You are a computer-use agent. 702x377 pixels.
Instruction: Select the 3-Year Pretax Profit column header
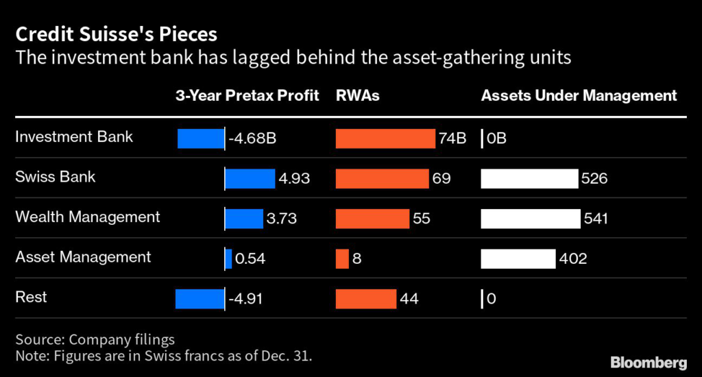[247, 96]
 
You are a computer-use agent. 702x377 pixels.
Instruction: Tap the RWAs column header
[357, 96]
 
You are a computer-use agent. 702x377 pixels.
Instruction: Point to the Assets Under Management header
[579, 96]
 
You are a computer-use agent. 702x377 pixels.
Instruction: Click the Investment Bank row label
[74, 137]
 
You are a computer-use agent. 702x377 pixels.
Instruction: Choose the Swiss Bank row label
[56, 177]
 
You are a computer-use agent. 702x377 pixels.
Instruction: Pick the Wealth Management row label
[88, 217]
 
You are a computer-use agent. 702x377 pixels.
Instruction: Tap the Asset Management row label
[83, 258]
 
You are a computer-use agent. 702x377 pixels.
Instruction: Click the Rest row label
[32, 297]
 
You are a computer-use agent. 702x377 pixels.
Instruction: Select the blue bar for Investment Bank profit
[201, 138]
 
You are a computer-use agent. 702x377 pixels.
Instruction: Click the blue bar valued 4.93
[250, 179]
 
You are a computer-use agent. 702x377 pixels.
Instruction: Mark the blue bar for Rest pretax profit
[199, 299]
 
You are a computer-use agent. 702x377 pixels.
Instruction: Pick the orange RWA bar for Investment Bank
[385, 138]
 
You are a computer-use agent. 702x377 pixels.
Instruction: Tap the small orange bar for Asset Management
[342, 259]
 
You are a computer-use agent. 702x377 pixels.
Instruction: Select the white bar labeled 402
[518, 259]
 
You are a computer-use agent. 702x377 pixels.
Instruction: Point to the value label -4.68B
[252, 139]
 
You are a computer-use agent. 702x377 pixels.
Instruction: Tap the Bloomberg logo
[648, 361]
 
